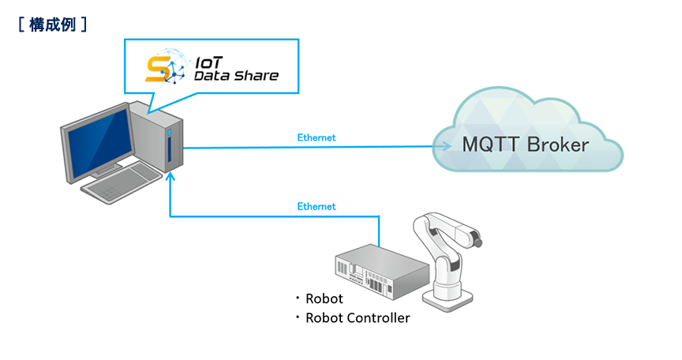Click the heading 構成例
coord(52,24)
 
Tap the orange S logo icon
coord(157,69)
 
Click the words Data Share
coord(236,76)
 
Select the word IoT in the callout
coord(208,62)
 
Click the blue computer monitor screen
coord(101,142)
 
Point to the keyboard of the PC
coord(122,182)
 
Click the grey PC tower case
coord(156,136)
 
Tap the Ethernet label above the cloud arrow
coord(317,138)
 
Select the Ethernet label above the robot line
coord(317,207)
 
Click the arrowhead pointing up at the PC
coord(170,177)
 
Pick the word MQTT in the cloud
coord(489,145)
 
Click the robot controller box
coord(382,272)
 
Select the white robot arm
coord(448,261)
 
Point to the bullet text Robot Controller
coord(358,318)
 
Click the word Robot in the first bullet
coord(324,298)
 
